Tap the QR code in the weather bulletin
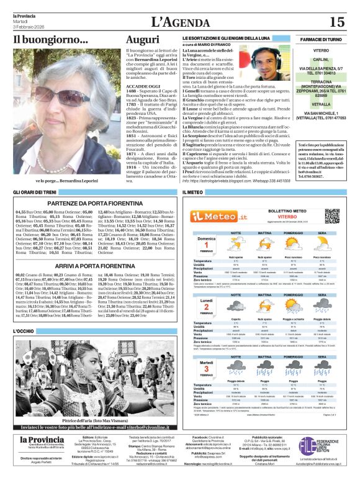click(332, 215)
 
